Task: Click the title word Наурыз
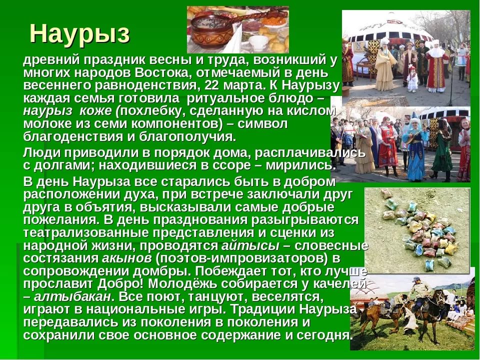(x=79, y=34)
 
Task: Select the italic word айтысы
(x=250, y=246)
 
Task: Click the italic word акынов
(x=126, y=258)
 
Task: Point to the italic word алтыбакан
(x=72, y=296)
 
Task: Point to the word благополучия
(x=187, y=136)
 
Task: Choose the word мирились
(x=299, y=165)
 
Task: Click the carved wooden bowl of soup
(x=211, y=30)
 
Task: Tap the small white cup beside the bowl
(x=258, y=43)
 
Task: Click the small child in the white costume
(x=412, y=79)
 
